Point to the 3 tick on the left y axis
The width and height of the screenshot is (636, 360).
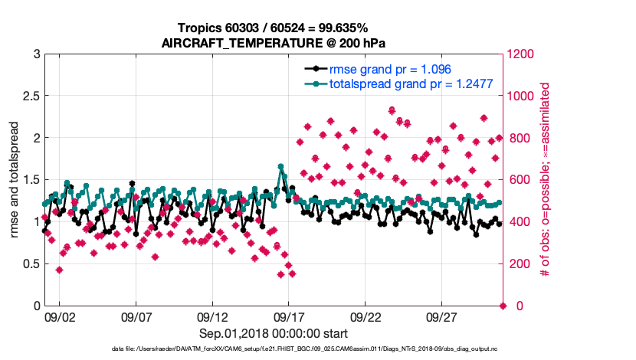36,54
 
